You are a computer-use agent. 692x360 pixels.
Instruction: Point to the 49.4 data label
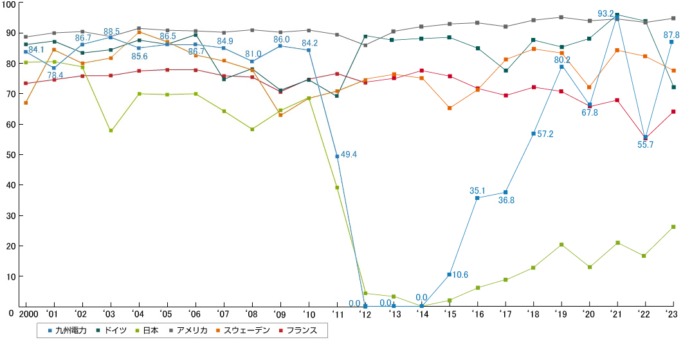(x=349, y=155)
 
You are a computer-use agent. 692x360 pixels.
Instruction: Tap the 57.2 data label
(x=546, y=134)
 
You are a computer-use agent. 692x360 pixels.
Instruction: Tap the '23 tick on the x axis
(x=672, y=314)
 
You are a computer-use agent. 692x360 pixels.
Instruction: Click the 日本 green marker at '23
(x=673, y=227)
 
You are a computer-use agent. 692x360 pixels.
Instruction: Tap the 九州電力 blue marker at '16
(x=477, y=198)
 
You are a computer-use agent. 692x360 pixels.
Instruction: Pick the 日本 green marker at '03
(x=111, y=130)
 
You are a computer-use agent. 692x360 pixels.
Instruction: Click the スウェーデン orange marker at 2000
(x=26, y=103)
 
